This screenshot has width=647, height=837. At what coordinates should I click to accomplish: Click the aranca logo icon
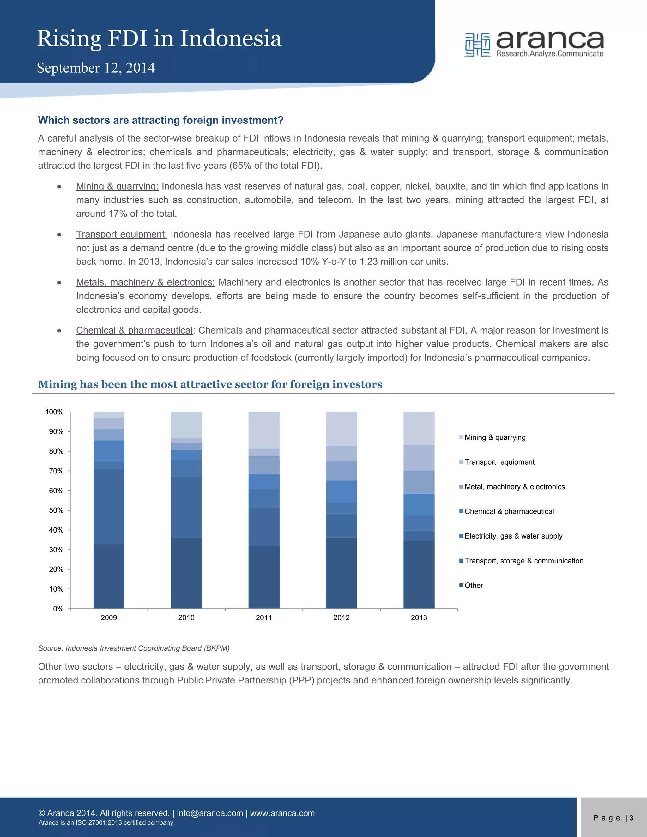point(477,45)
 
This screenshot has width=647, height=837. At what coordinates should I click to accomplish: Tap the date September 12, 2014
point(96,68)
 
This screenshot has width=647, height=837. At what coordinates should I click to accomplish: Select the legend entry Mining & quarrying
point(494,437)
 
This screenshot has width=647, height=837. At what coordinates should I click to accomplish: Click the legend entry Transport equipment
point(499,462)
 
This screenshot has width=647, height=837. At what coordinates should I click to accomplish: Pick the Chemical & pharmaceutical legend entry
point(509,511)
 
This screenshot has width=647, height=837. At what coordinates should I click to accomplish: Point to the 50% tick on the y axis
point(56,510)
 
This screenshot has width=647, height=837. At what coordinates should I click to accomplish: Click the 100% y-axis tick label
point(54,412)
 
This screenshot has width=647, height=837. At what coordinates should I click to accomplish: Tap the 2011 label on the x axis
point(264,617)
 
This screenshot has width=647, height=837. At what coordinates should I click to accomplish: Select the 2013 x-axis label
point(419,617)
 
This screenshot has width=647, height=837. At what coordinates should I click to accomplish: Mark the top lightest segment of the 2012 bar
point(341,429)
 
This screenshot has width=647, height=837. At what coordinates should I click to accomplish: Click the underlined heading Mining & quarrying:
point(117,186)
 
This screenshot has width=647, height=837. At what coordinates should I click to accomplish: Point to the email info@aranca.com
point(210,813)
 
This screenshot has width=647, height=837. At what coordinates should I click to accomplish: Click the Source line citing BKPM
point(134,648)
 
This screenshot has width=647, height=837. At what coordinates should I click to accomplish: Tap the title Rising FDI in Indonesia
point(159,39)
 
